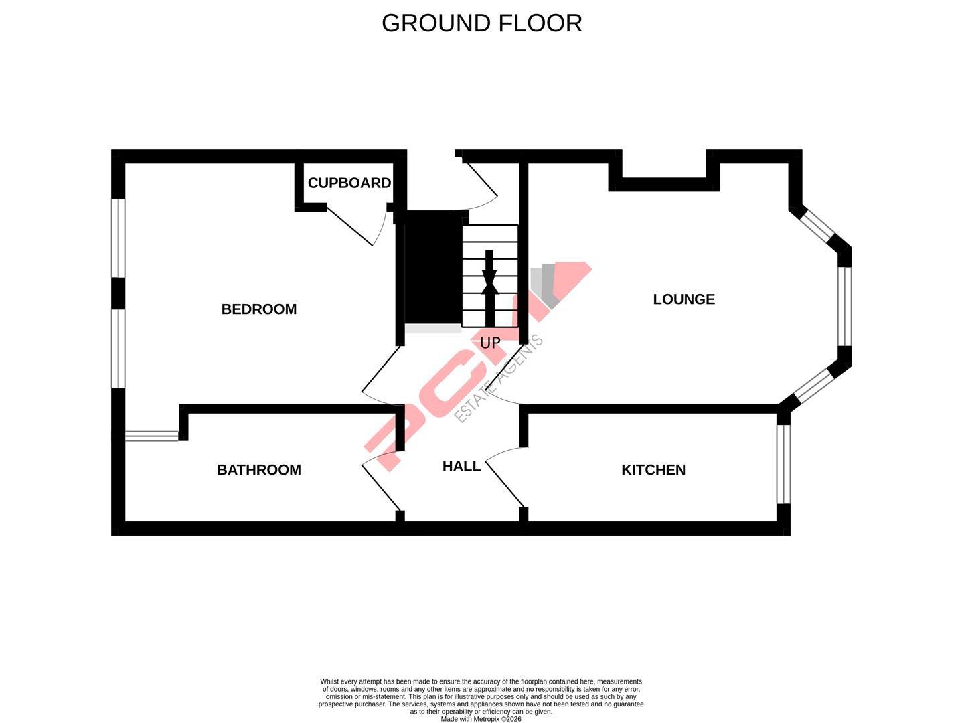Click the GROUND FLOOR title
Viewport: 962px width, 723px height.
pyautogui.click(x=481, y=23)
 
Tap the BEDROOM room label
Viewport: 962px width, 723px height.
pyautogui.click(x=258, y=309)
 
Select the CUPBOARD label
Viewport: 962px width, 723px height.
pyautogui.click(x=349, y=183)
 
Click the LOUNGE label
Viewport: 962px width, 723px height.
pyautogui.click(x=684, y=299)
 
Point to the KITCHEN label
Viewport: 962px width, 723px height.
pyautogui.click(x=653, y=470)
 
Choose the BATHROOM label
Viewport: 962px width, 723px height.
pyautogui.click(x=258, y=470)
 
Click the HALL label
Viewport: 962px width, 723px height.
pyautogui.click(x=461, y=466)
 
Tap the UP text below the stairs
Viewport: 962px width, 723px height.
pyautogui.click(x=490, y=343)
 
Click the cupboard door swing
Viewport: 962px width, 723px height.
pyautogui.click(x=355, y=228)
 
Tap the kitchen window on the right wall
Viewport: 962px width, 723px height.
pyautogui.click(x=783, y=464)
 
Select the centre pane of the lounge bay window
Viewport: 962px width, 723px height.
pyautogui.click(x=845, y=306)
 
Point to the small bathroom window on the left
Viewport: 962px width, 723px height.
pyautogui.click(x=152, y=436)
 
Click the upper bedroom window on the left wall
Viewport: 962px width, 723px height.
pyautogui.click(x=118, y=238)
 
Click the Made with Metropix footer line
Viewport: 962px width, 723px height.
pyautogui.click(x=481, y=719)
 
